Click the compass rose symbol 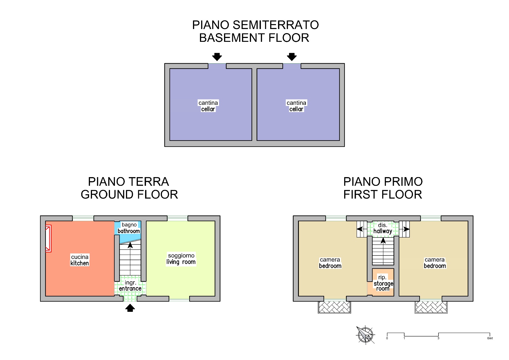pos(365,335)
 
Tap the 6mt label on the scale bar pos(490,338)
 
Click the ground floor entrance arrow pos(130,308)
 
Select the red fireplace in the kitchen pos(48,238)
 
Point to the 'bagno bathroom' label pos(129,228)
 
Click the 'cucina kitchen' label pos(80,260)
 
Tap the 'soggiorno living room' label pos(181,259)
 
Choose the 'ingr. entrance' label pos(130,285)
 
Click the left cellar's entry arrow pos(217,57)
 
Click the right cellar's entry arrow pos(292,57)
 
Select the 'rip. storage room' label pos(383,283)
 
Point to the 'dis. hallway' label pos(383,228)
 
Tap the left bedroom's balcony pos(334,307)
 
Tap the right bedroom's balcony pos(431,307)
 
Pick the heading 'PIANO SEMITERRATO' pos(255,25)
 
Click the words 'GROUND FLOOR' pos(129,195)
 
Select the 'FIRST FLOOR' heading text pos(383,195)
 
